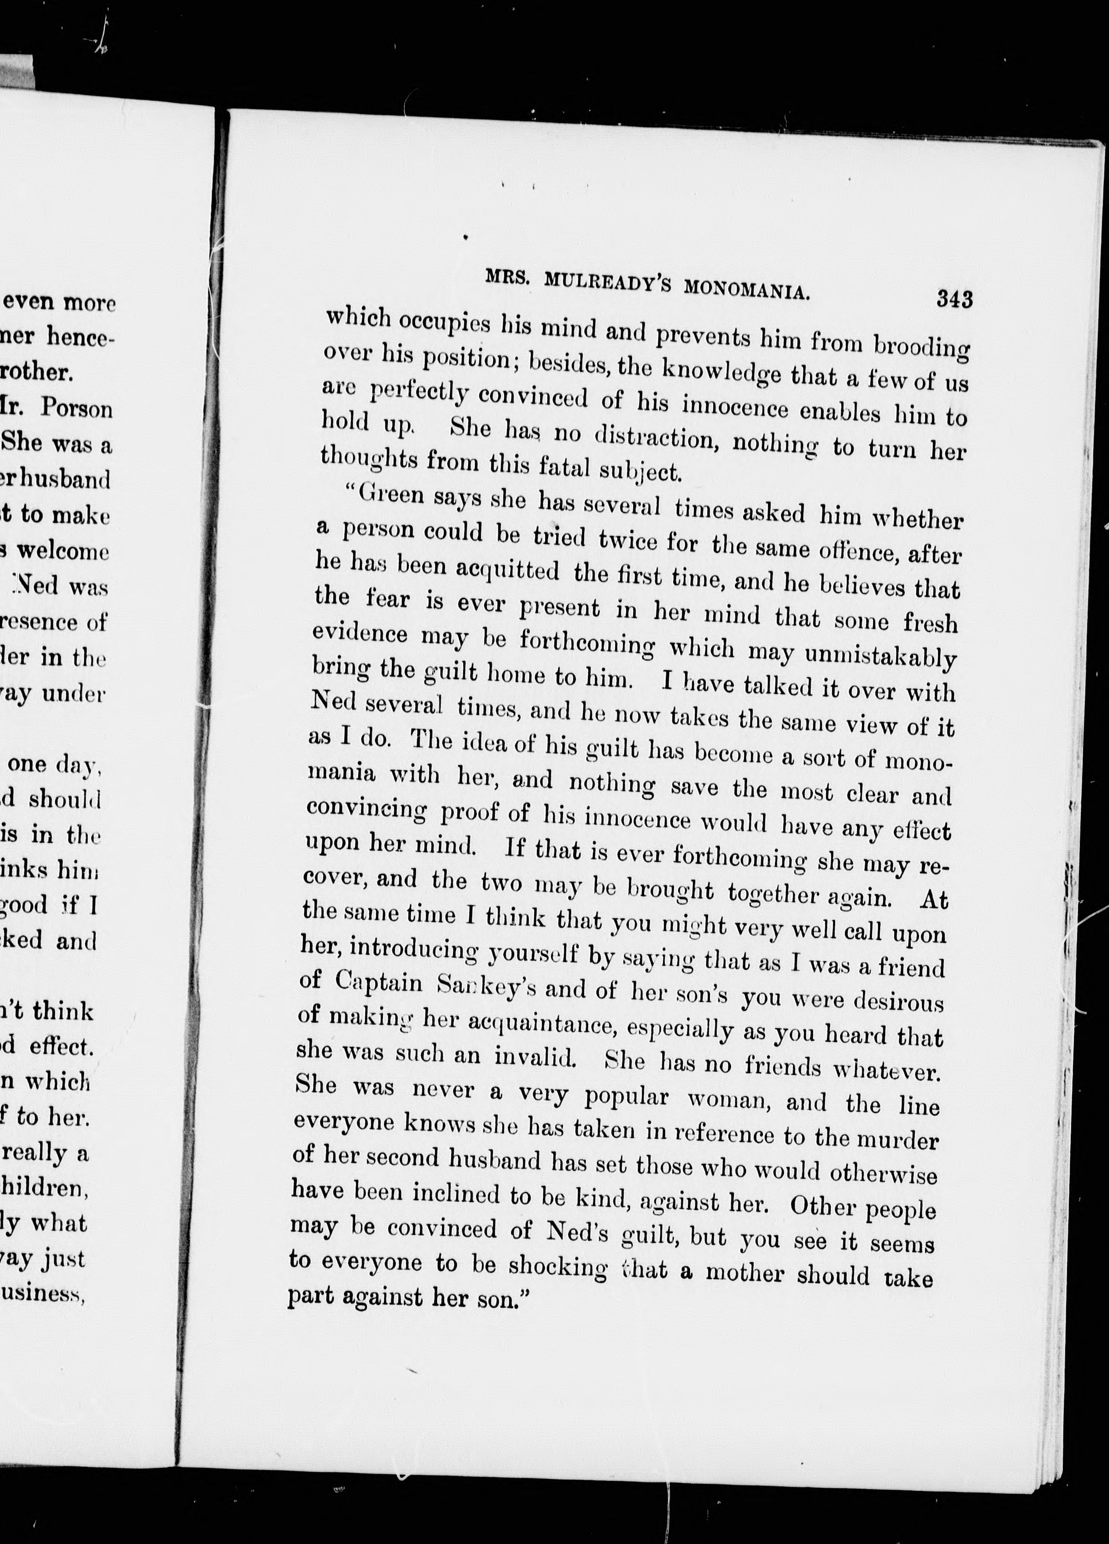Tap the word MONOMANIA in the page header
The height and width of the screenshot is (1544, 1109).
point(746,288)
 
